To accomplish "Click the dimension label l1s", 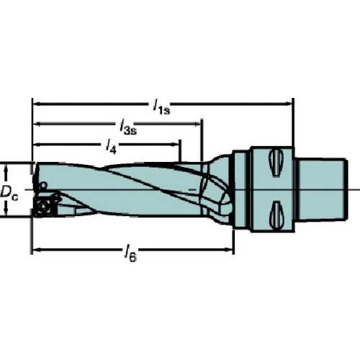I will point(161,106).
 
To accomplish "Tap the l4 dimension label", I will point(111,146).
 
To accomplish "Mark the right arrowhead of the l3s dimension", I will point(198,123).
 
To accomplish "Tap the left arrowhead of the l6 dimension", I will point(37,251).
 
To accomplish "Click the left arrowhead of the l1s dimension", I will point(37,102).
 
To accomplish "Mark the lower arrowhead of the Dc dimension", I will point(6,214).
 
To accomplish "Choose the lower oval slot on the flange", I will point(276,212).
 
